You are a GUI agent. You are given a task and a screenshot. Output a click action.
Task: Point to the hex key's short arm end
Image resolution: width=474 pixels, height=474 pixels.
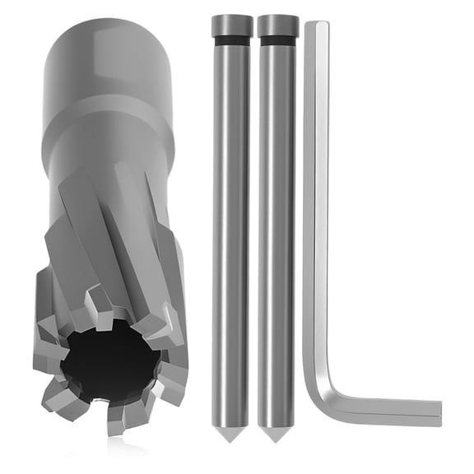click(436, 409)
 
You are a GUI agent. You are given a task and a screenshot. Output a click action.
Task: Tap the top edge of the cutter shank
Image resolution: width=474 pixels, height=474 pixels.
click(107, 25)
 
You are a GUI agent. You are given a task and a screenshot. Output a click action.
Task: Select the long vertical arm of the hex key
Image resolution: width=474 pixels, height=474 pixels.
click(316, 206)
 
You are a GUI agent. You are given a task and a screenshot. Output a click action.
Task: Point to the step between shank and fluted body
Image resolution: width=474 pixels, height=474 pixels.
click(107, 132)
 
